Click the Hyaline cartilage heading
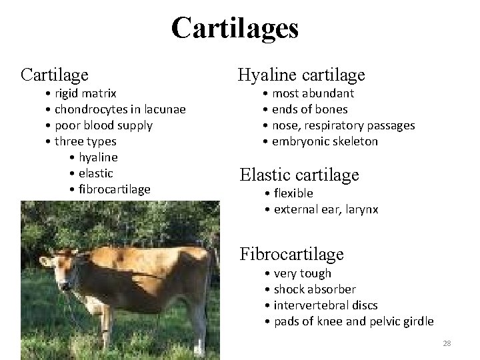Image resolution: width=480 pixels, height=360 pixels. pos(301,75)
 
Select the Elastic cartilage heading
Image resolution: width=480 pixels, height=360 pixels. pos(299,175)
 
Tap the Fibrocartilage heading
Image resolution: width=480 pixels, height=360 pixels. pos(291,254)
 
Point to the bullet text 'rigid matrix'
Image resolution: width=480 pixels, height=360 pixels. pos(85,93)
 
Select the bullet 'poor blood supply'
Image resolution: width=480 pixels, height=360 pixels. pos(103,125)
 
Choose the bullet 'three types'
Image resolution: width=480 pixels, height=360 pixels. pos(85,141)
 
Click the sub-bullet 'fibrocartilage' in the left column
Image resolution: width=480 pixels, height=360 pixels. pos(114,189)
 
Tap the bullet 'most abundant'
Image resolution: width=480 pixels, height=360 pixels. pos(313,93)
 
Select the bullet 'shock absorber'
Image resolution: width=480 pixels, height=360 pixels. pos(315,289)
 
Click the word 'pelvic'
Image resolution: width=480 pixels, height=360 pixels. pos(374,321)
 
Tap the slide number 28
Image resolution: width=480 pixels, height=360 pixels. pos(447,343)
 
